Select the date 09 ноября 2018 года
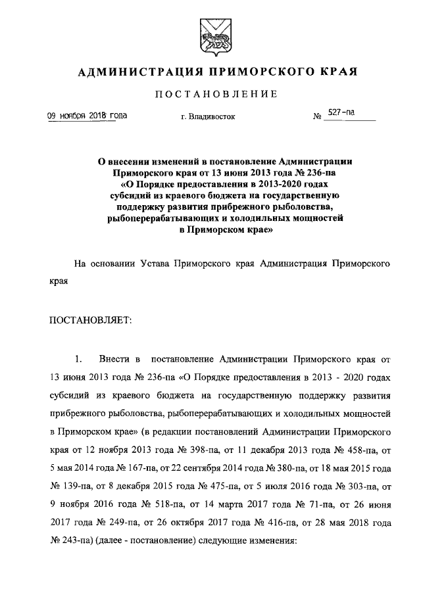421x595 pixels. click(86, 116)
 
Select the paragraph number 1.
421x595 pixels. click(78, 360)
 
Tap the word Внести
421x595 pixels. click(112, 360)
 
